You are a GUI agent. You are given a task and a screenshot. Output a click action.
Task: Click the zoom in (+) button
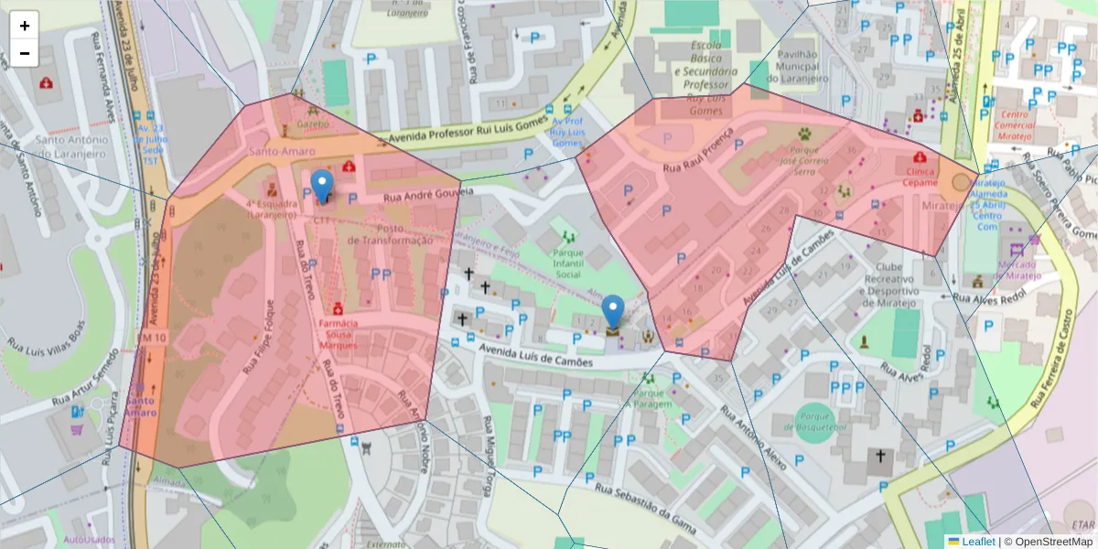25,26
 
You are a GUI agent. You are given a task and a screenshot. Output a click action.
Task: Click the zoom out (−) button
25,53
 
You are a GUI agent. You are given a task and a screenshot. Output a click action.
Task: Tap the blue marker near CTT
322,187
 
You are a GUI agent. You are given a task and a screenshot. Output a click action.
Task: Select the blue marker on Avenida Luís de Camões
614,313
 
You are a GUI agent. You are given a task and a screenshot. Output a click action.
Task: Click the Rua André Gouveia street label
428,195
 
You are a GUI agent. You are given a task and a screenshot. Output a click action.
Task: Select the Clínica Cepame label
921,177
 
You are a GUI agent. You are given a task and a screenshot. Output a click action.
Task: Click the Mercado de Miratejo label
1018,269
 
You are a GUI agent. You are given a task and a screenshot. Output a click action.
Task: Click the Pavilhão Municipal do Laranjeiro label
802,66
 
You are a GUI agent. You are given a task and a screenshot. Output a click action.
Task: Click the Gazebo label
312,123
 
